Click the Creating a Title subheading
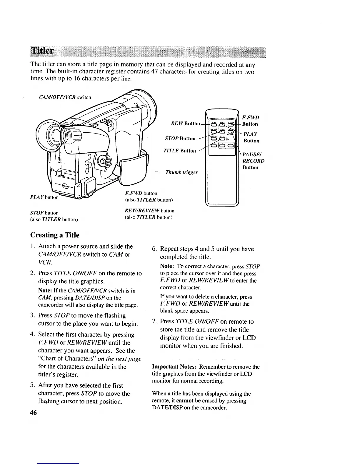[55, 235]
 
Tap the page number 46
[33, 412]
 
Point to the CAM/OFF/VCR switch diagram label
[65, 97]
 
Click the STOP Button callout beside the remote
[180, 138]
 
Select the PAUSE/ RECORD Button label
[253, 161]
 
